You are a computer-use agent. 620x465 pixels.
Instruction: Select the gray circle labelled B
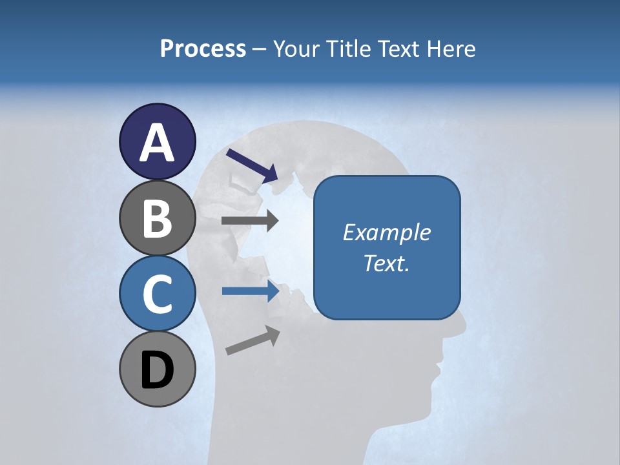coord(157,218)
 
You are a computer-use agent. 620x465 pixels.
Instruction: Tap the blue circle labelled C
coord(157,294)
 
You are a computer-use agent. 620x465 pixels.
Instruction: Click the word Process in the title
coord(203,49)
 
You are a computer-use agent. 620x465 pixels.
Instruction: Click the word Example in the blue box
coord(387,232)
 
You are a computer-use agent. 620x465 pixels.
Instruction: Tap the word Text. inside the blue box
coord(387,263)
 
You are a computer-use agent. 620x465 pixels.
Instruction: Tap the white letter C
coord(157,294)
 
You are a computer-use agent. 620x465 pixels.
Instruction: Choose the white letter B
coord(157,218)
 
